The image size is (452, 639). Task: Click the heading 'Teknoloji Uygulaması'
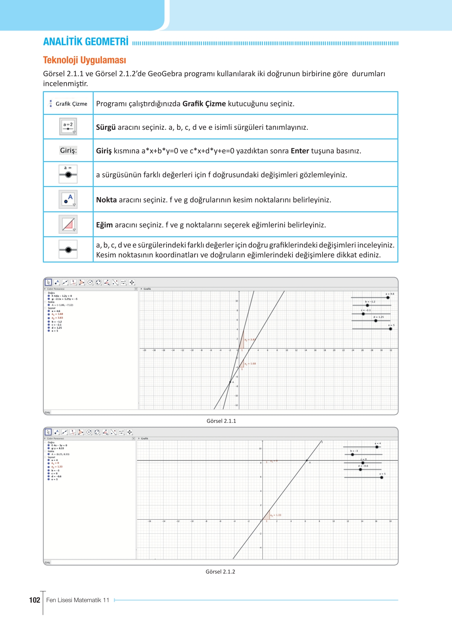[x=84, y=60]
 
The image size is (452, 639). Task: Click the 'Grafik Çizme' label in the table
[x=71, y=104]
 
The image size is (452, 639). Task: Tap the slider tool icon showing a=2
[x=68, y=127]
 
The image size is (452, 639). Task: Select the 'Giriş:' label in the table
[x=68, y=150]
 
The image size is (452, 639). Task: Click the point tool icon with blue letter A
[x=68, y=199]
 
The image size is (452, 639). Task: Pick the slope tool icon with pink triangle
[x=68, y=224]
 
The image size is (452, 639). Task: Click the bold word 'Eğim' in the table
[x=104, y=225]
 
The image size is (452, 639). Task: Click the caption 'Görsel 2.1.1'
[x=221, y=421]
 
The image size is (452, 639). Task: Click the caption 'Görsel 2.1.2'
[x=220, y=572]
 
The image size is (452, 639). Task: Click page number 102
[x=35, y=600]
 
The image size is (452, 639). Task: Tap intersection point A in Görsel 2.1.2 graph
[x=307, y=460]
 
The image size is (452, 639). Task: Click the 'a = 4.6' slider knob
[x=388, y=298]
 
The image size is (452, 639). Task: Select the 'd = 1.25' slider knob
[x=376, y=321]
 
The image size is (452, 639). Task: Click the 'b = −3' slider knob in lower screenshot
[x=352, y=455]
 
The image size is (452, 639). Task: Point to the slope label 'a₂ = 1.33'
[x=276, y=515]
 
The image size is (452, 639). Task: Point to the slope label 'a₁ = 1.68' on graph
[x=250, y=364]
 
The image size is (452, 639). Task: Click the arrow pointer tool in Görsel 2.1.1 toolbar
[x=48, y=282]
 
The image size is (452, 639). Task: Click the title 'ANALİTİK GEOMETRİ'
[x=86, y=42]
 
